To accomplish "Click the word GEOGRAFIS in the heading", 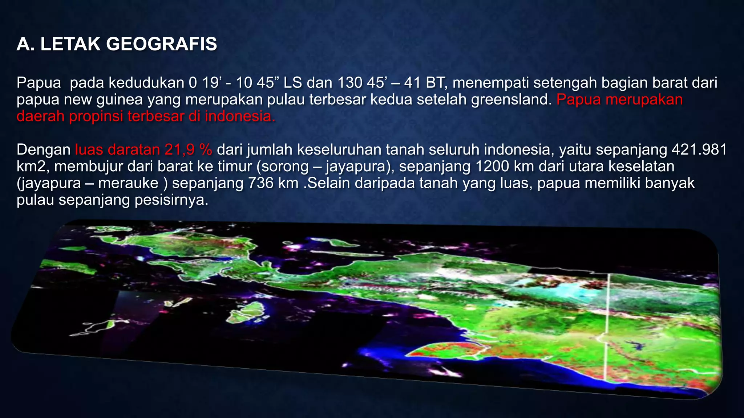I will click(162, 44).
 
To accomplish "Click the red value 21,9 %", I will click(188, 149).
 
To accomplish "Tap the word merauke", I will click(128, 183).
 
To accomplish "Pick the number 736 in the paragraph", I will click(260, 183).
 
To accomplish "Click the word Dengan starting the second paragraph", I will click(44, 149).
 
